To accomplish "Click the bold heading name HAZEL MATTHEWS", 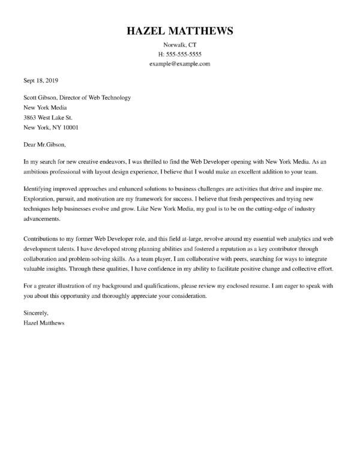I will (180, 31).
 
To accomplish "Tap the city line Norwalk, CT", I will (180, 46).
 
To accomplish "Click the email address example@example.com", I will (180, 64).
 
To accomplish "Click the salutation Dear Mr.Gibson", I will (44, 144).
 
